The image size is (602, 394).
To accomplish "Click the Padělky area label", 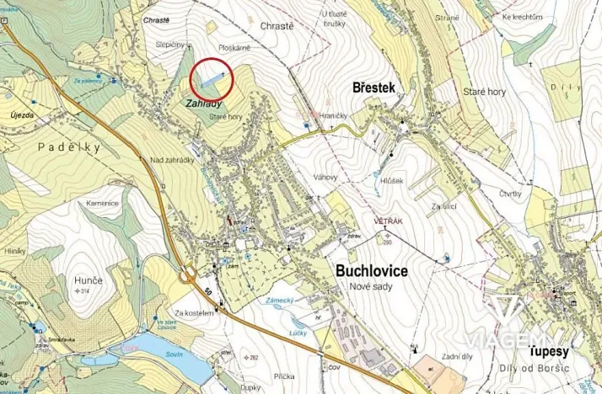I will click(68, 146).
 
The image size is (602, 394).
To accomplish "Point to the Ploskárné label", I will click(234, 49).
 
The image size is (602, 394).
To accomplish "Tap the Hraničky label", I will click(334, 115).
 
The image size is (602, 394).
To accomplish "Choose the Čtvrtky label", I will click(509, 194).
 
